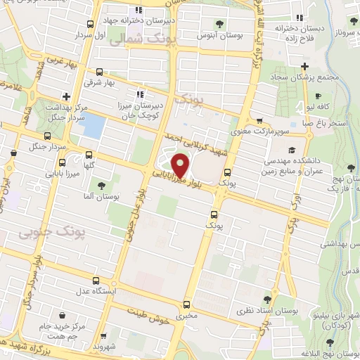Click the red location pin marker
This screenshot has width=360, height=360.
click(181, 165)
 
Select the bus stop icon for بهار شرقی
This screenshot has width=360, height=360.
click(99, 72)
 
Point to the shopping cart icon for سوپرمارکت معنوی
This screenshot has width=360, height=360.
click(260, 120)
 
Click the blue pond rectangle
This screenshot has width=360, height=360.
click(94, 126)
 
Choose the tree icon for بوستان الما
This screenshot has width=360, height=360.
click(102, 184)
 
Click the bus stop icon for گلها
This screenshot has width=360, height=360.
click(89, 155)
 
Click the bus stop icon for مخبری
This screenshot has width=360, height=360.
click(186, 304)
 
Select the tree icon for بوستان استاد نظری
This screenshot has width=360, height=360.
click(266, 299)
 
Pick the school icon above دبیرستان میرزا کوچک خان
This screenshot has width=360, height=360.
click(140, 94)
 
